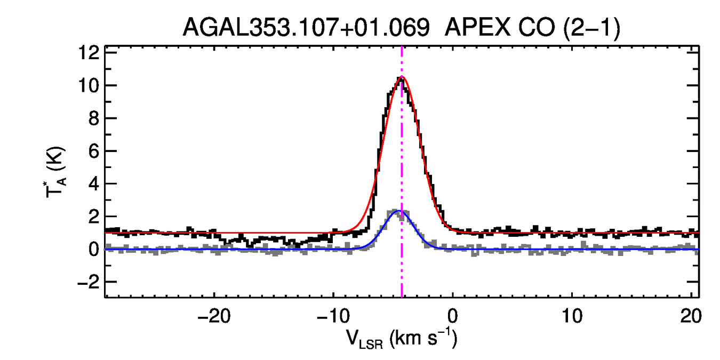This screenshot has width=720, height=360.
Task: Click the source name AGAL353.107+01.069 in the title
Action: (306, 28)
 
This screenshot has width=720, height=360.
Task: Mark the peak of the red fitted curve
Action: (402, 77)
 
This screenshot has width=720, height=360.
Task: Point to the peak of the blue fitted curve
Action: (398, 211)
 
